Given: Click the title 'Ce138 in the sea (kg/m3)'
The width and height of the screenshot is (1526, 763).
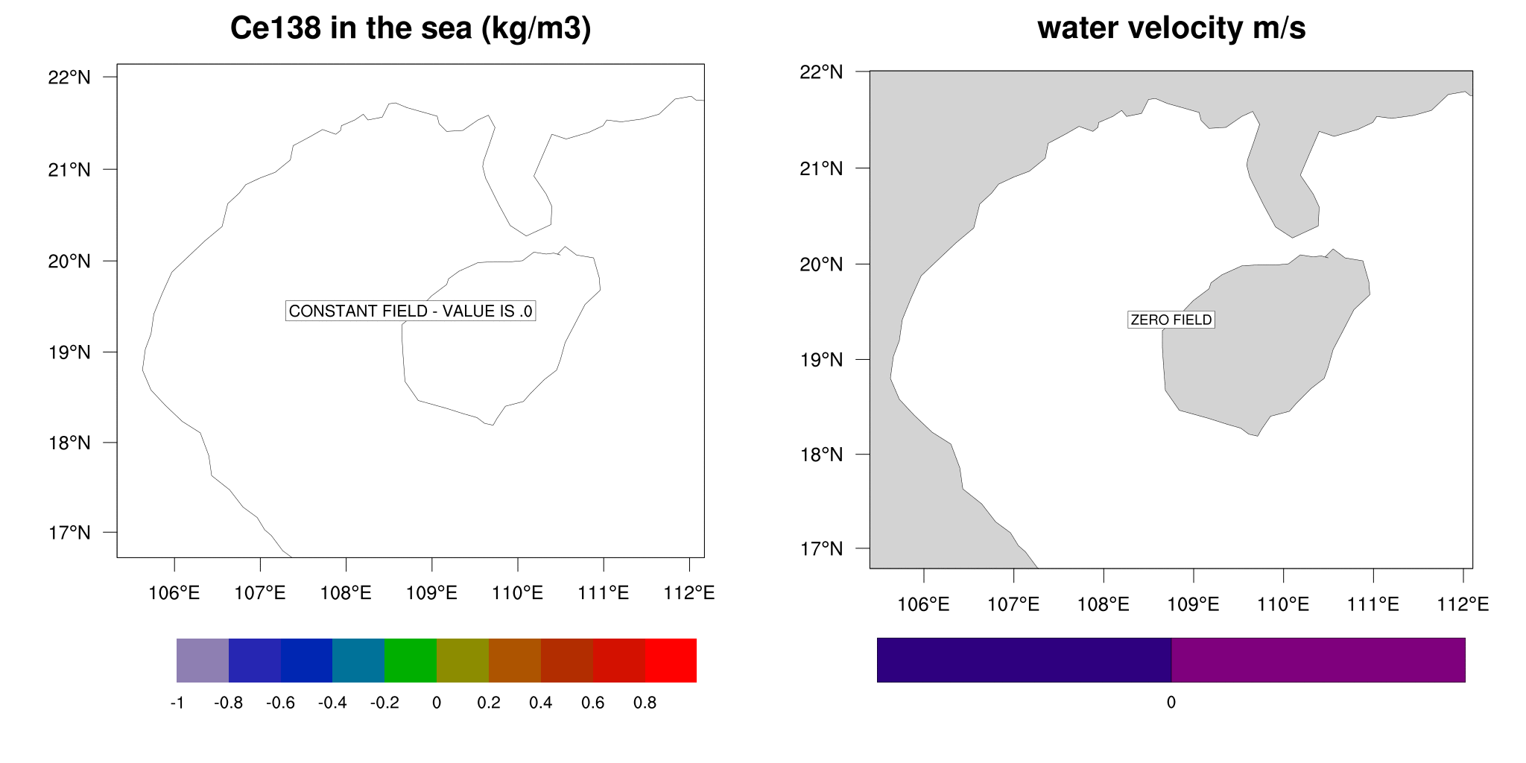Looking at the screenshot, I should (411, 29).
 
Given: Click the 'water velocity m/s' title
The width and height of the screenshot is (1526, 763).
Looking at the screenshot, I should (1171, 29).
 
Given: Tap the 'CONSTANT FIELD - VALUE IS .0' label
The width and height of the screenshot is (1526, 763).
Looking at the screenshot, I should (411, 311).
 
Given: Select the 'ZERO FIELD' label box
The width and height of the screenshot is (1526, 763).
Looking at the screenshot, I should (1171, 320).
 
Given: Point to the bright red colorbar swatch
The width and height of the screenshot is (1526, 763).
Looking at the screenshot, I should (671, 660).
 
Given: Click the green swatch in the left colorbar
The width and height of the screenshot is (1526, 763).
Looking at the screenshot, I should (411, 660).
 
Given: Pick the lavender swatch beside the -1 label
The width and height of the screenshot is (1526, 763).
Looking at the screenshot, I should (203, 660).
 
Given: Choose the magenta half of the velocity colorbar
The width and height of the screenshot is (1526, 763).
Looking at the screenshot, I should (1318, 660).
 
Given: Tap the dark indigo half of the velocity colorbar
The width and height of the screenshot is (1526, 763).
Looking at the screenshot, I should (1024, 660).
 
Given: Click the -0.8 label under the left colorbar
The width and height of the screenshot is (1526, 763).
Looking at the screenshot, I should (229, 703).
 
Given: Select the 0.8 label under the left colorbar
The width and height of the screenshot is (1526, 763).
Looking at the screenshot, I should (645, 703).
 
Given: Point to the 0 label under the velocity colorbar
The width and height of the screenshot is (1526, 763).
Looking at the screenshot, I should (1171, 703).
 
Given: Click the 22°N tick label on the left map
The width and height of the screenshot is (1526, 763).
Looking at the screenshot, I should (69, 77).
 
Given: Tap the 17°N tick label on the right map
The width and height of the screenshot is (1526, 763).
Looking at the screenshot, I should (821, 549).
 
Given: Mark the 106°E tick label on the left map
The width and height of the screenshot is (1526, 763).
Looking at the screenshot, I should (174, 593).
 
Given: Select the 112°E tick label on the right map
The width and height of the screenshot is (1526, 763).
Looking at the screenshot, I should (1463, 604).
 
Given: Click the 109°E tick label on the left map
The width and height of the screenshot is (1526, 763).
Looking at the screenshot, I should (431, 593).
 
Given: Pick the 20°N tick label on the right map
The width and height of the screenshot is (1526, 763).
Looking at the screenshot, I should (821, 265).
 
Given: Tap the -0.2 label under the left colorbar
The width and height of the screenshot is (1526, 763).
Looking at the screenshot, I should (384, 703).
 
